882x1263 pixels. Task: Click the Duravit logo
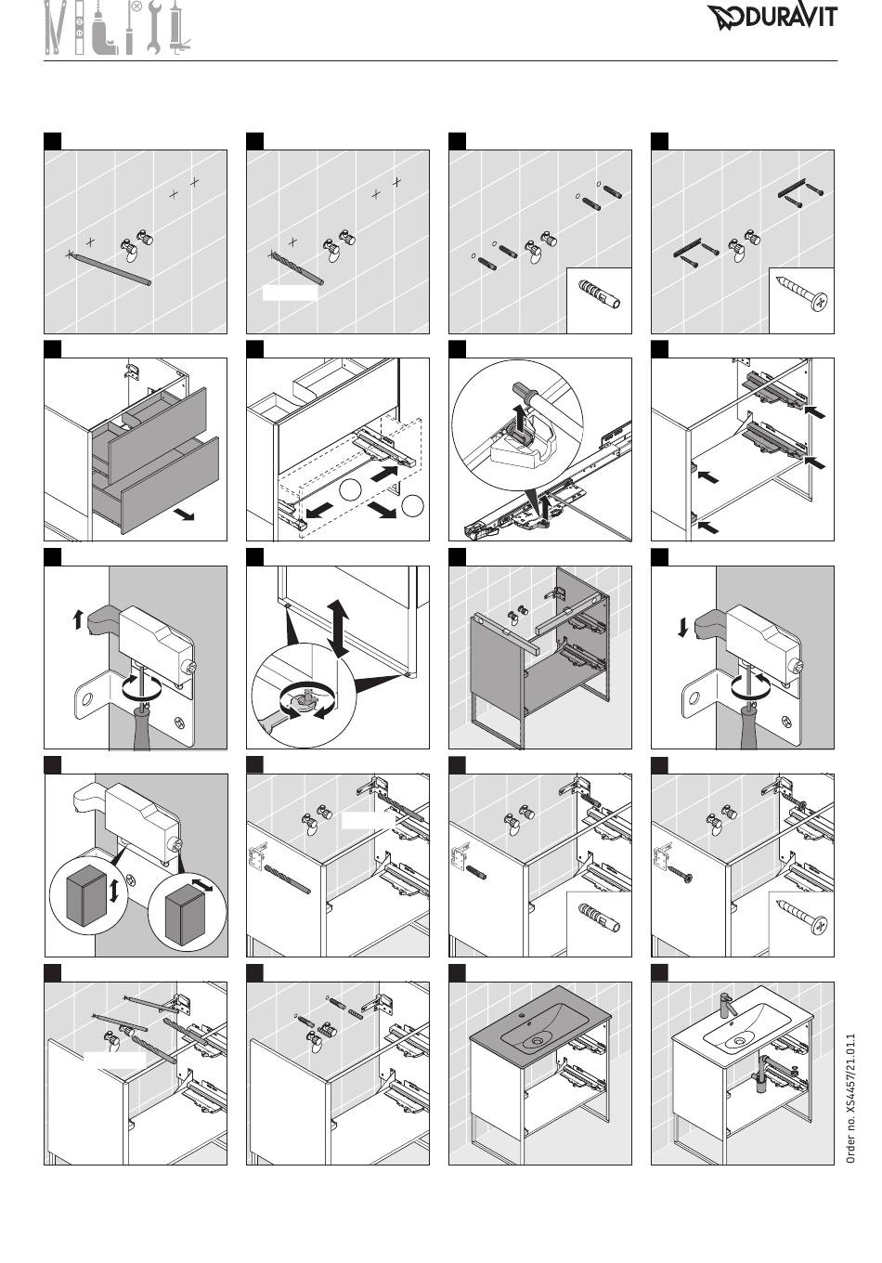pos(772,17)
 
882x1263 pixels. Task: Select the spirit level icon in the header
pos(79,28)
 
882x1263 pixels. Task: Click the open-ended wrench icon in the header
pos(154,28)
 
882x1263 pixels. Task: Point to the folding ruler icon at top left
pos(54,28)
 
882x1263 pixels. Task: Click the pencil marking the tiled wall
pos(110,268)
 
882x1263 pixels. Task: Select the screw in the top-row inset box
pos(801,293)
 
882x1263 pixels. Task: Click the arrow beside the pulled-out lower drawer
pos(184,514)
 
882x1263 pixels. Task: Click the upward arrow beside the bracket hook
pos(78,619)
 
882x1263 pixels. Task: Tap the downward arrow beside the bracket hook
pos(683,627)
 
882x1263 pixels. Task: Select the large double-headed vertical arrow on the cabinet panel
pos(338,628)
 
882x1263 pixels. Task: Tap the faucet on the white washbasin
pos(726,1005)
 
